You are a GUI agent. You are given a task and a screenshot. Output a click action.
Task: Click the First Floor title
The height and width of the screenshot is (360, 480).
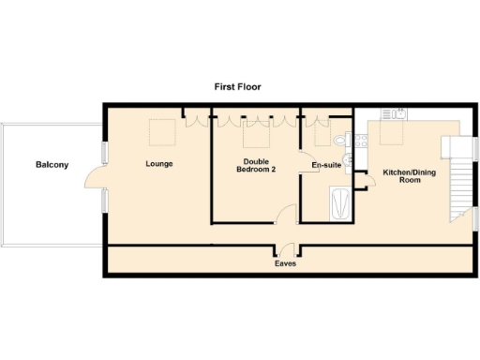pos(237,86)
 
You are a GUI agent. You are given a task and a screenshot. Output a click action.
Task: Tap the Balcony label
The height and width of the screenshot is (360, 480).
pos(52,165)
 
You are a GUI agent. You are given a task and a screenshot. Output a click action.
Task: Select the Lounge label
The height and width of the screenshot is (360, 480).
pos(159,164)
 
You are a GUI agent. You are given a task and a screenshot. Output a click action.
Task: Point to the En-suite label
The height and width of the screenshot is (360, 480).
pos(325,166)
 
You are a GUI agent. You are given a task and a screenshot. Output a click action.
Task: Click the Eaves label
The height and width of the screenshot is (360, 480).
pos(286,264)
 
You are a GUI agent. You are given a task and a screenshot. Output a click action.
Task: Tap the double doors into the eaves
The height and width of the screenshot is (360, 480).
pos(286,250)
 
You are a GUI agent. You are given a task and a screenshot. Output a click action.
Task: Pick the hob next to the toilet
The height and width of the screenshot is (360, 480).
pos(353,141)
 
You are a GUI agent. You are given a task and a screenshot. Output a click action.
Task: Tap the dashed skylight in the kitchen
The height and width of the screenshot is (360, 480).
pos(389,137)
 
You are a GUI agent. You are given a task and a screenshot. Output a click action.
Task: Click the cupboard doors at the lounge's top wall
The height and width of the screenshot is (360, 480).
pos(195,118)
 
